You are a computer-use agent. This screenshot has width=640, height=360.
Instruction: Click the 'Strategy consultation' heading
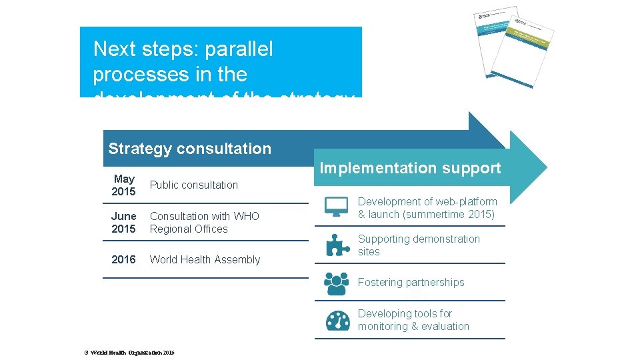click(189, 149)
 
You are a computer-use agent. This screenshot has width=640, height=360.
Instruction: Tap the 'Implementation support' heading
click(410, 168)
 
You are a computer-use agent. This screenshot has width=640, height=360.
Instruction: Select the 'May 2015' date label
click(124, 185)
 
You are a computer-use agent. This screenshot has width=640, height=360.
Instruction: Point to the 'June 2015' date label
click(124, 223)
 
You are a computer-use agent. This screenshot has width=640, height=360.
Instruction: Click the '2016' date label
click(124, 259)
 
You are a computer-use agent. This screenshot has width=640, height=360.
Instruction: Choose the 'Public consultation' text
click(194, 185)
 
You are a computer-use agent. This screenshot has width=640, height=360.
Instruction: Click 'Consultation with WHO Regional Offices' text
click(205, 223)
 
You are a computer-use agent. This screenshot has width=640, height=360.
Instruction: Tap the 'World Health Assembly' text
click(205, 259)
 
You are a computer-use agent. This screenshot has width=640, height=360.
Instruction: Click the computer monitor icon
click(337, 207)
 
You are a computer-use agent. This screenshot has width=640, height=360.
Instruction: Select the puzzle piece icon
click(337, 245)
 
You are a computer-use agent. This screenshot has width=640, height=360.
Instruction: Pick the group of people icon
click(337, 283)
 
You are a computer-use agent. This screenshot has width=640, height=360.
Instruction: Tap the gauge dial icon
click(337, 321)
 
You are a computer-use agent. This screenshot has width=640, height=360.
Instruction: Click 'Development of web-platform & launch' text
click(427, 208)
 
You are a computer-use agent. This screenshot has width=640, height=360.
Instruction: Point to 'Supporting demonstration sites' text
click(419, 245)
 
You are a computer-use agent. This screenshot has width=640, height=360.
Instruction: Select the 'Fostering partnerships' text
click(411, 283)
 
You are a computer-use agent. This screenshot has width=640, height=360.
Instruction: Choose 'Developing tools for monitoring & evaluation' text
click(413, 320)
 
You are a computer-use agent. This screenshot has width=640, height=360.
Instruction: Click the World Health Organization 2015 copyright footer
click(129, 352)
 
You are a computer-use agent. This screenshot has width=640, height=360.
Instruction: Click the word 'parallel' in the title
click(239, 49)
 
